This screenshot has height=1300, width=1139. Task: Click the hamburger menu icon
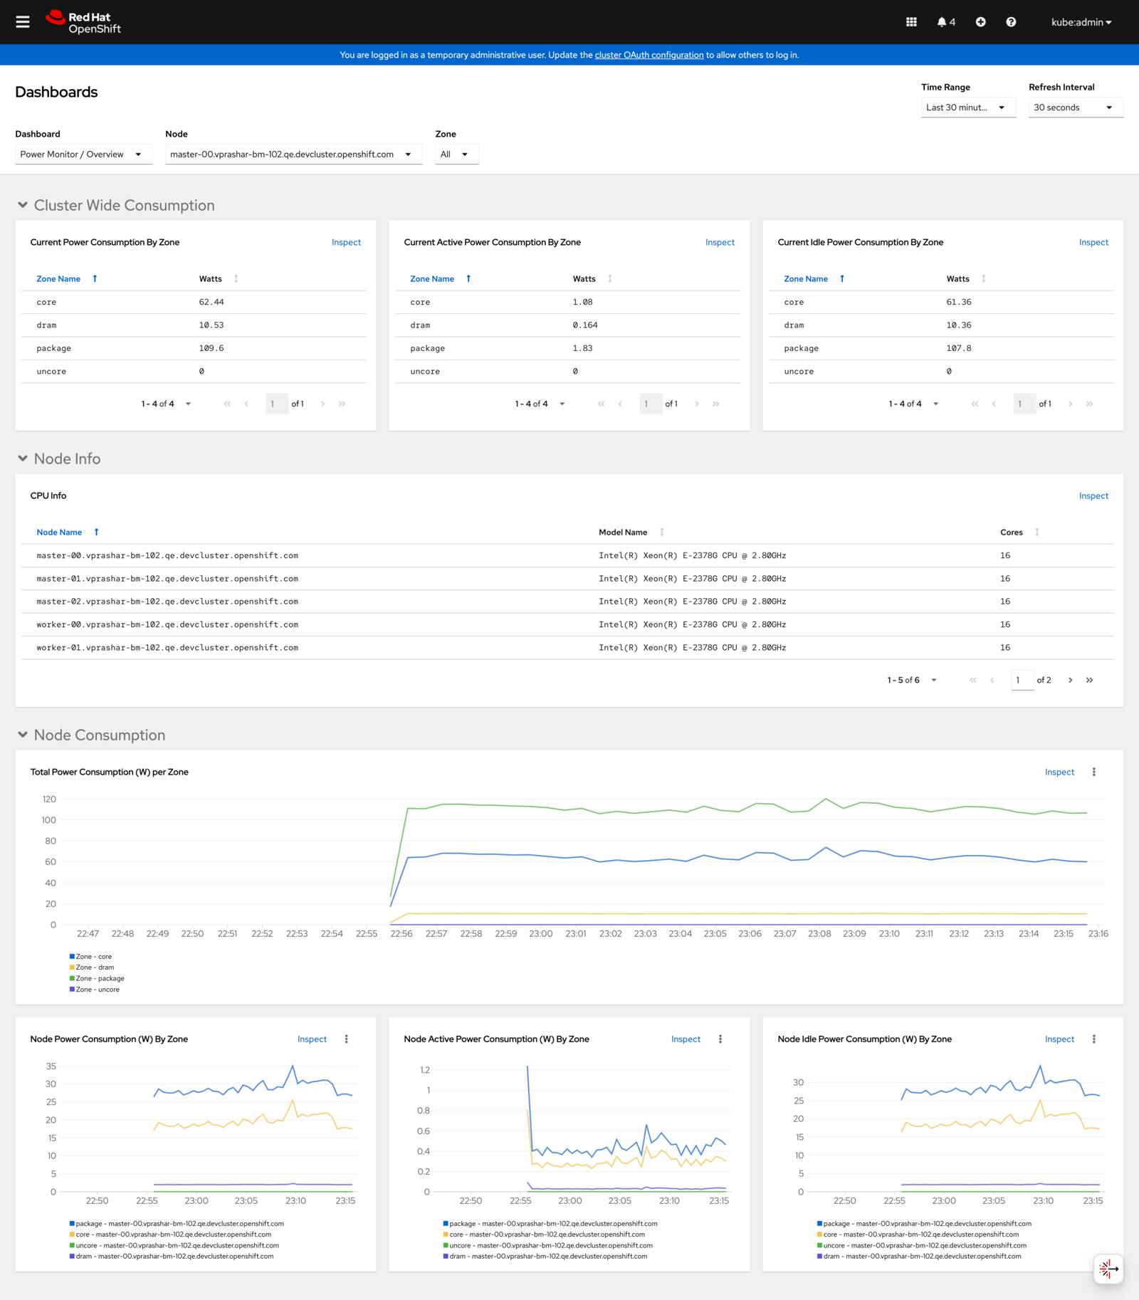coord(23,22)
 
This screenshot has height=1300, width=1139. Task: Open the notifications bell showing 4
coord(946,22)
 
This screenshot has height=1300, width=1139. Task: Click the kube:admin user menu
coord(1081,22)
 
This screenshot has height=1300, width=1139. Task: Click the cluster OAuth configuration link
coord(649,55)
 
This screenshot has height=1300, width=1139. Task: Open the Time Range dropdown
coord(967,108)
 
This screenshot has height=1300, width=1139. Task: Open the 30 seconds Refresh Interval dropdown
coord(1075,108)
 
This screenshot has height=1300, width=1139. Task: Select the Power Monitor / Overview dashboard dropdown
coord(83,154)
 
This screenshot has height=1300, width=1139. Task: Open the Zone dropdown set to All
coord(456,154)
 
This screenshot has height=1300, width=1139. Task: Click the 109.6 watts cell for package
coord(211,348)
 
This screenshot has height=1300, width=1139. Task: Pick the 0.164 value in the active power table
coord(585,325)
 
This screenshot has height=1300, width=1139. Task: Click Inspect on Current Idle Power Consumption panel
coord(1093,242)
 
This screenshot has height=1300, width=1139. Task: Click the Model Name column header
coord(623,533)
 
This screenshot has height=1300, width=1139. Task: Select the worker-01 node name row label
coord(167,648)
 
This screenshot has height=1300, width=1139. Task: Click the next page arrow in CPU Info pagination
coord(1070,680)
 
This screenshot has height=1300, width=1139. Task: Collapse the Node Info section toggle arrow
coord(23,458)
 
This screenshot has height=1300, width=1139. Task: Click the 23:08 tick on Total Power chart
coord(819,933)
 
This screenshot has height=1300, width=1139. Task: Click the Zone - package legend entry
coord(100,978)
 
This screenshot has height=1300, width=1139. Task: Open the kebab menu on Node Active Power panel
coord(720,1039)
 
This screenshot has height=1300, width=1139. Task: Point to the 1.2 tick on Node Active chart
coord(425,1070)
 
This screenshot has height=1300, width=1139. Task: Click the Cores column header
coord(1011,533)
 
